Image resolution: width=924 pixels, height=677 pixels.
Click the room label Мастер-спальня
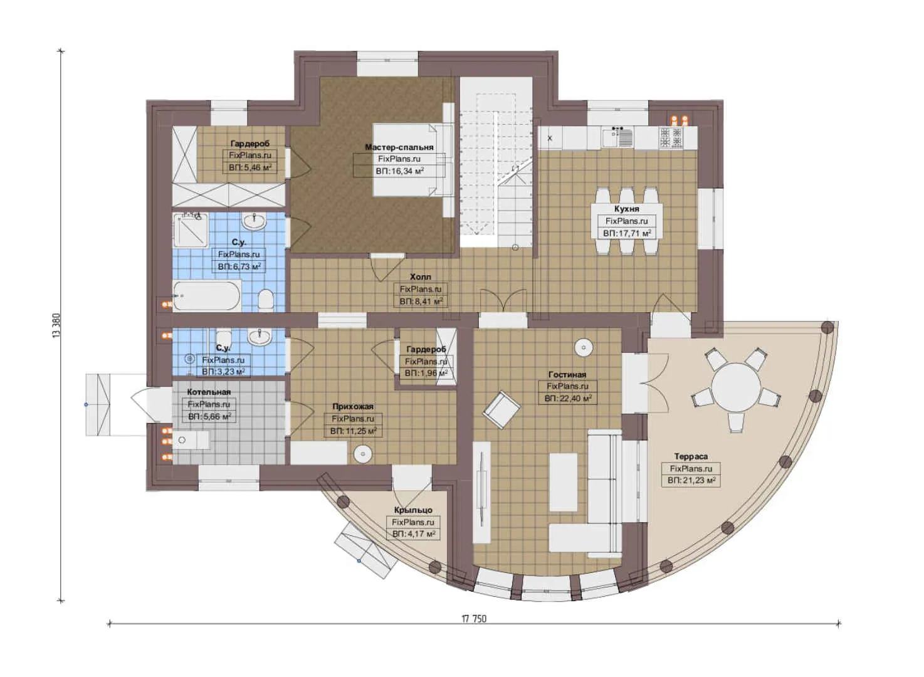(x=399, y=147)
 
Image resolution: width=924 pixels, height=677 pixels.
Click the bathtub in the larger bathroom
(x=207, y=296)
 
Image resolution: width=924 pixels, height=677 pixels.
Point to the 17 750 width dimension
(x=474, y=619)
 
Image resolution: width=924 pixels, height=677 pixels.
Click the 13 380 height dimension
(x=57, y=326)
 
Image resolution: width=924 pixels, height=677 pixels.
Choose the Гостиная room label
(x=567, y=375)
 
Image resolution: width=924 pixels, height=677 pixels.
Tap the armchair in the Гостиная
(x=501, y=410)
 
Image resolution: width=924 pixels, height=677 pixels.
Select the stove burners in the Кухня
(x=670, y=137)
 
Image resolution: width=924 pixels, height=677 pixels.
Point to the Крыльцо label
(x=412, y=510)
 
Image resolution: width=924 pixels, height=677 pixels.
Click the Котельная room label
(x=209, y=392)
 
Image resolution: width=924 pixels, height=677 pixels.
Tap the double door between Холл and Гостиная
(x=502, y=300)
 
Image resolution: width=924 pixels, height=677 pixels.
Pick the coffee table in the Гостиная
(x=563, y=481)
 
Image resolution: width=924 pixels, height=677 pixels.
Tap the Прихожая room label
(x=353, y=407)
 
